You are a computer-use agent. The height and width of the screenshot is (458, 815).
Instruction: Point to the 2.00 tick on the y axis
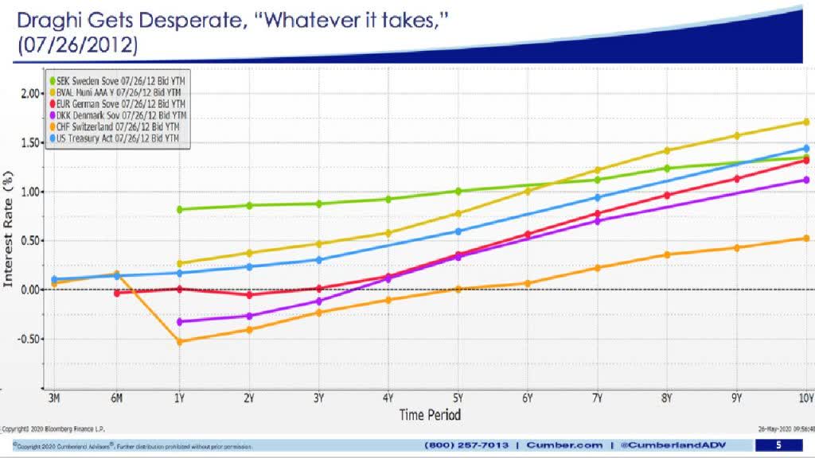[29, 93]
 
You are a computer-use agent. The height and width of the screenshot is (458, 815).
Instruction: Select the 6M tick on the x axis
[116, 398]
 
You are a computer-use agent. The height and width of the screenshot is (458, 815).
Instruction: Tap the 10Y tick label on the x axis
[805, 398]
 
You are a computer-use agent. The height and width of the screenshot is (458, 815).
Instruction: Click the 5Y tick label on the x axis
[458, 398]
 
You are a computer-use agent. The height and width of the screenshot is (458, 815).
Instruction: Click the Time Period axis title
[430, 414]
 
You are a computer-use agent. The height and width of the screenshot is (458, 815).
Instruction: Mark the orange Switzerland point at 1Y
[179, 342]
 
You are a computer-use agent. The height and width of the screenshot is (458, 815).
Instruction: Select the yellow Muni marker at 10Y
[806, 122]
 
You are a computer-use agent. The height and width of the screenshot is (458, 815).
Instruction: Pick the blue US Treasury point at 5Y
[458, 231]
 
